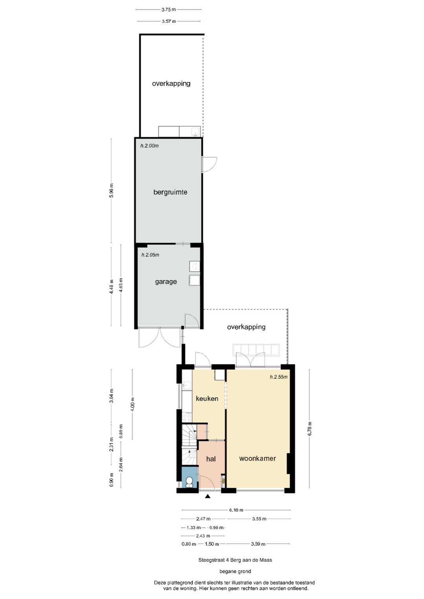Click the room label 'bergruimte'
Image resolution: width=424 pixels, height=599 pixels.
[170, 192]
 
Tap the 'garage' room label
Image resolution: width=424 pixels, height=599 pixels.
[166, 281]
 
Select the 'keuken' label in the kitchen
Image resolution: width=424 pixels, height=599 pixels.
[207, 398]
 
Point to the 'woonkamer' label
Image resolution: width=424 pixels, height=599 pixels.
[257, 458]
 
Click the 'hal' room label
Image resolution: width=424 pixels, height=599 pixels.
[211, 459]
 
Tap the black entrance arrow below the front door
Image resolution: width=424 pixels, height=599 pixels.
[208, 497]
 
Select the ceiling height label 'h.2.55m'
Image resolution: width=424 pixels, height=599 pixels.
[278, 377]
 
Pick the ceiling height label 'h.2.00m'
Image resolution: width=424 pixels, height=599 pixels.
[150, 146]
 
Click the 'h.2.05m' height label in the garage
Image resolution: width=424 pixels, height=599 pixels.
[150, 255]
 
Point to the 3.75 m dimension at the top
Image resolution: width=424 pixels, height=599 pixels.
[168, 9]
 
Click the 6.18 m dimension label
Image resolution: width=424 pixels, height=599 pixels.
[236, 510]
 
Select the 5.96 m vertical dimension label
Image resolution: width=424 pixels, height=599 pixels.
[111, 191]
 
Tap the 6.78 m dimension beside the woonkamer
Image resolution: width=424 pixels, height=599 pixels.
[309, 429]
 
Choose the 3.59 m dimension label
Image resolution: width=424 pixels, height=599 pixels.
[258, 544]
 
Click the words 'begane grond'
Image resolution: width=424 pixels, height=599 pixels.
[235, 571]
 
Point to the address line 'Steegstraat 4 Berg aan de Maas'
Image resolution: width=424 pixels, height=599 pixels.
[235, 560]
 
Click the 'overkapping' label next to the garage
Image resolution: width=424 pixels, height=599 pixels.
[246, 327]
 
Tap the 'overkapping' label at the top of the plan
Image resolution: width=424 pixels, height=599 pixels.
[171, 83]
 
